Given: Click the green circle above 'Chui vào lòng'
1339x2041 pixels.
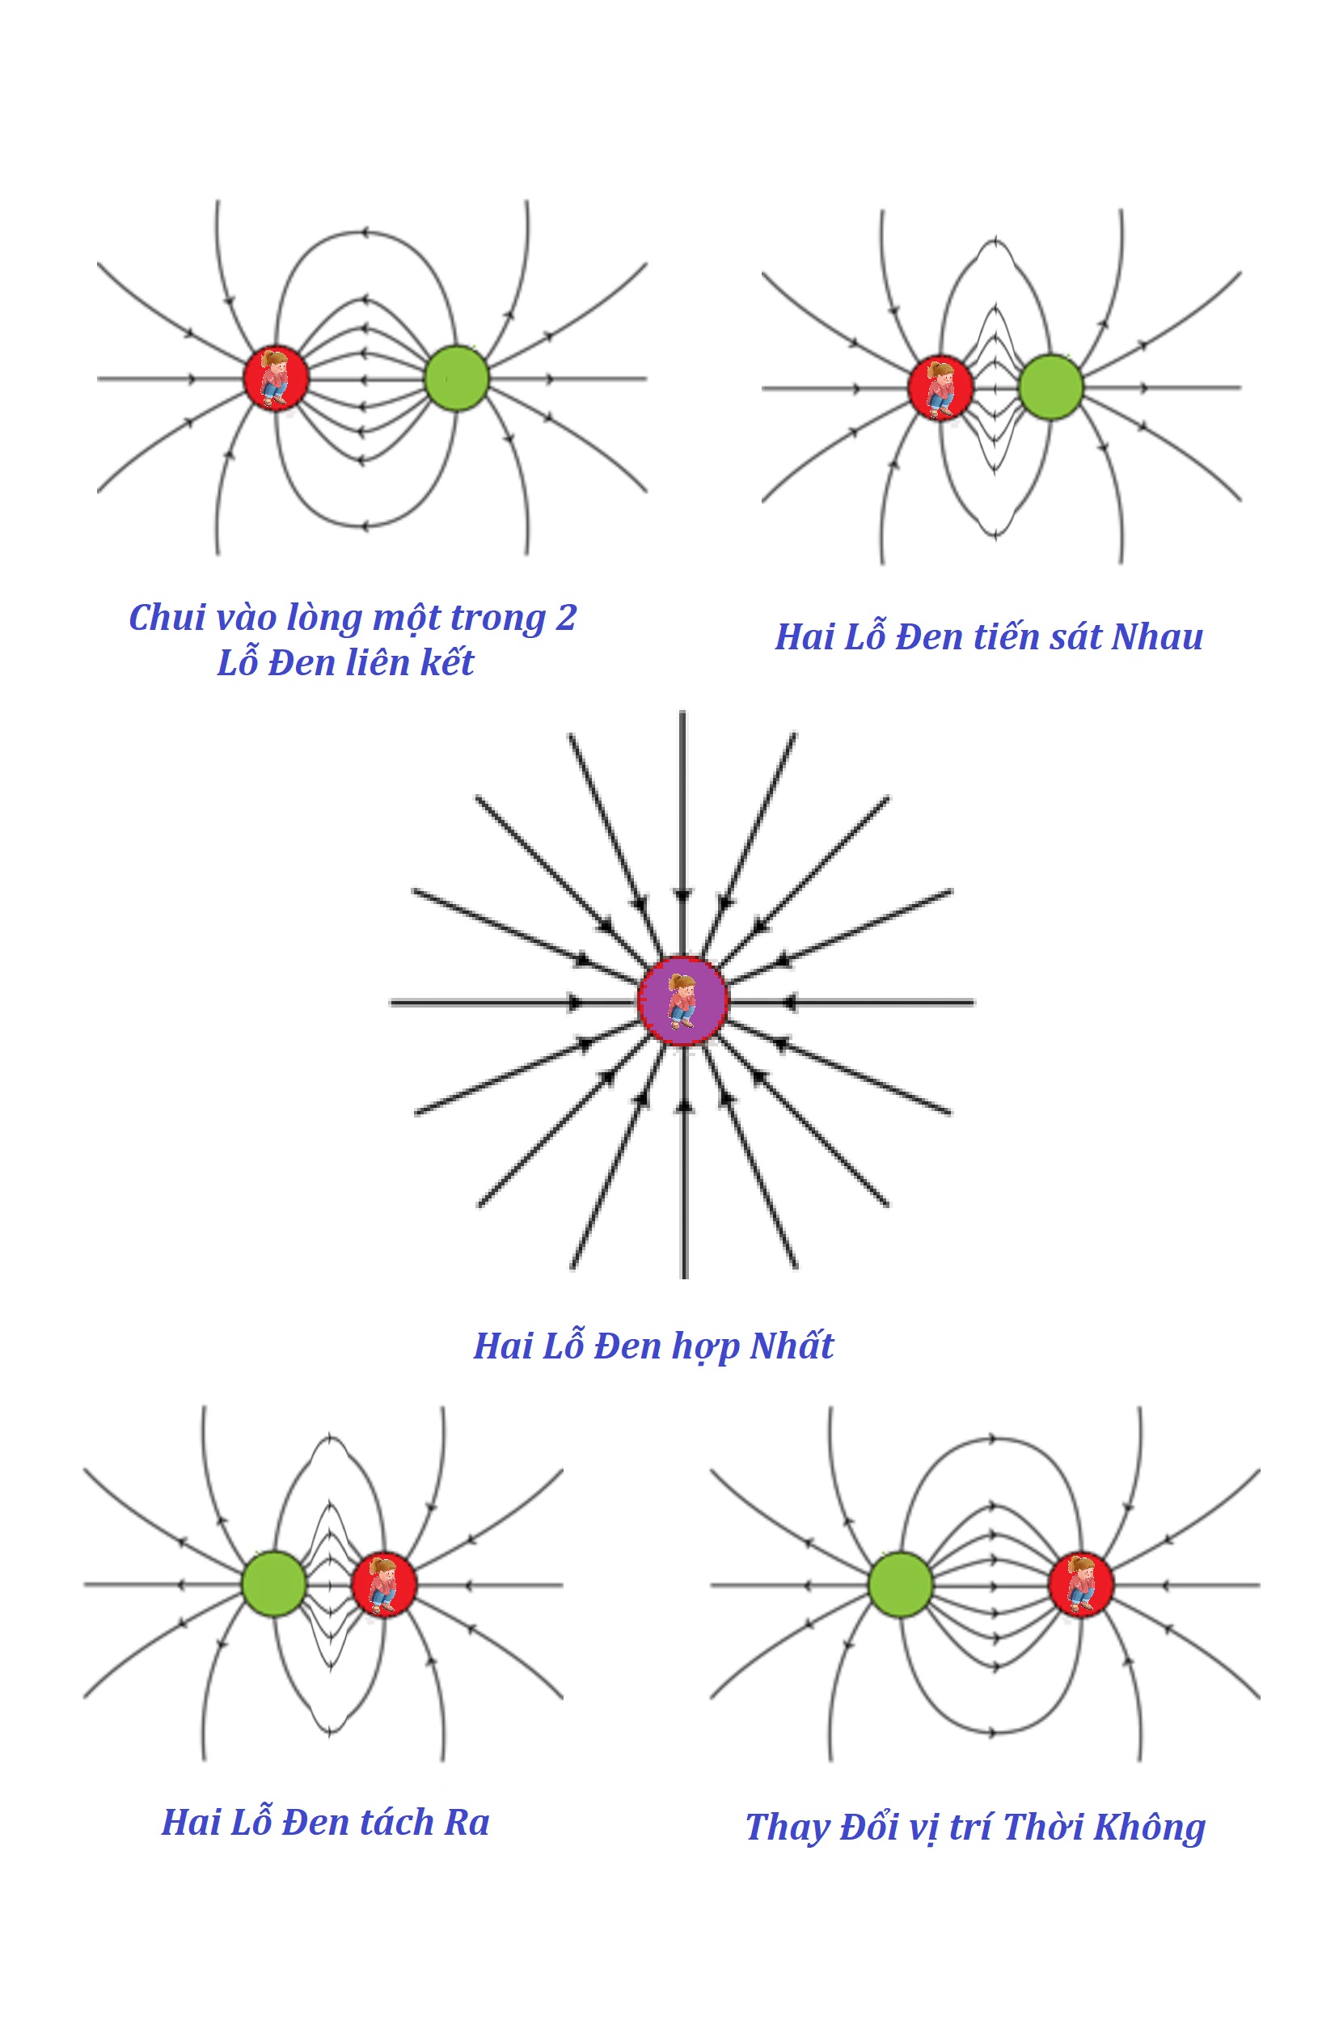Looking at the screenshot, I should pyautogui.click(x=456, y=378).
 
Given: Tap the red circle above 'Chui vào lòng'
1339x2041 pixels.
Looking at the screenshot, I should pyautogui.click(x=275, y=378).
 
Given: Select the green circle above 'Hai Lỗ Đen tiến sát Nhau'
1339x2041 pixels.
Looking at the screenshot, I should pyautogui.click(x=1050, y=387).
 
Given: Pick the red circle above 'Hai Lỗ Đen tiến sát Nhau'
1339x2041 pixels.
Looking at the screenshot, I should pyautogui.click(x=940, y=387).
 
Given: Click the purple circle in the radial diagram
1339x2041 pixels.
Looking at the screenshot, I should pyautogui.click(x=682, y=1001).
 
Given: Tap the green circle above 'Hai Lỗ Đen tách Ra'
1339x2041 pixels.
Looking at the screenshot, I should pyautogui.click(x=273, y=1584).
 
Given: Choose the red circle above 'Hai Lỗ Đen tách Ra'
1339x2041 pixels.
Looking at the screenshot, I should pyautogui.click(x=383, y=1584).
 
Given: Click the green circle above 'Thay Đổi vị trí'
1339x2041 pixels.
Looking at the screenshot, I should pyautogui.click(x=899, y=1584).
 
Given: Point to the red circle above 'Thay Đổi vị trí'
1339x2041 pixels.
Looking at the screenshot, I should pyautogui.click(x=1080, y=1584).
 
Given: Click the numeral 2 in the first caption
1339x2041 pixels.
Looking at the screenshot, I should pyautogui.click(x=566, y=619).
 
